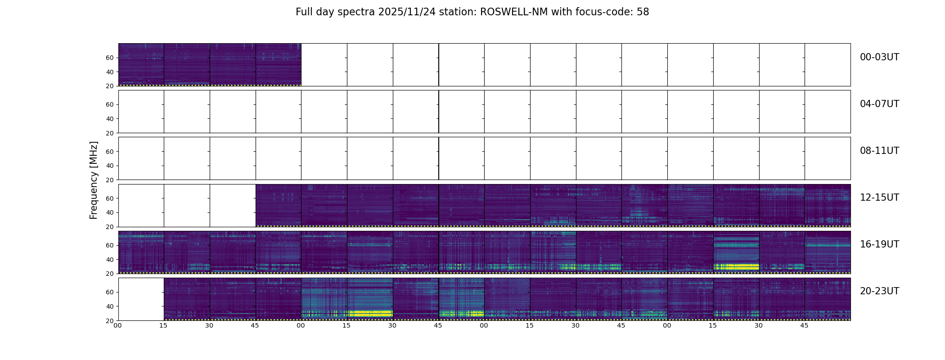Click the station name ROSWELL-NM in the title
(x=514, y=12)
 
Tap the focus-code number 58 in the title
(x=643, y=12)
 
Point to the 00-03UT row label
(x=879, y=57)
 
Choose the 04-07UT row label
(x=879, y=104)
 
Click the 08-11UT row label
(x=879, y=151)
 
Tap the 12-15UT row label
(x=879, y=198)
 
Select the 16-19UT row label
(x=879, y=244)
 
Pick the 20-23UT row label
(x=879, y=291)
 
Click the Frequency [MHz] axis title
(x=94, y=180)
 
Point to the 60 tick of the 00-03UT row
(x=110, y=58)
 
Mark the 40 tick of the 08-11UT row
(x=110, y=166)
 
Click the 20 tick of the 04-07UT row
(x=110, y=133)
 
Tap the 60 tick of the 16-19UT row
(x=110, y=245)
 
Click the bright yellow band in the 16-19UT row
(x=736, y=267)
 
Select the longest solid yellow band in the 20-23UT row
(x=370, y=313)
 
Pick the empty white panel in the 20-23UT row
(x=141, y=299)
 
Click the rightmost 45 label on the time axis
(x=804, y=325)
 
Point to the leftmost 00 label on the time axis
(x=117, y=325)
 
